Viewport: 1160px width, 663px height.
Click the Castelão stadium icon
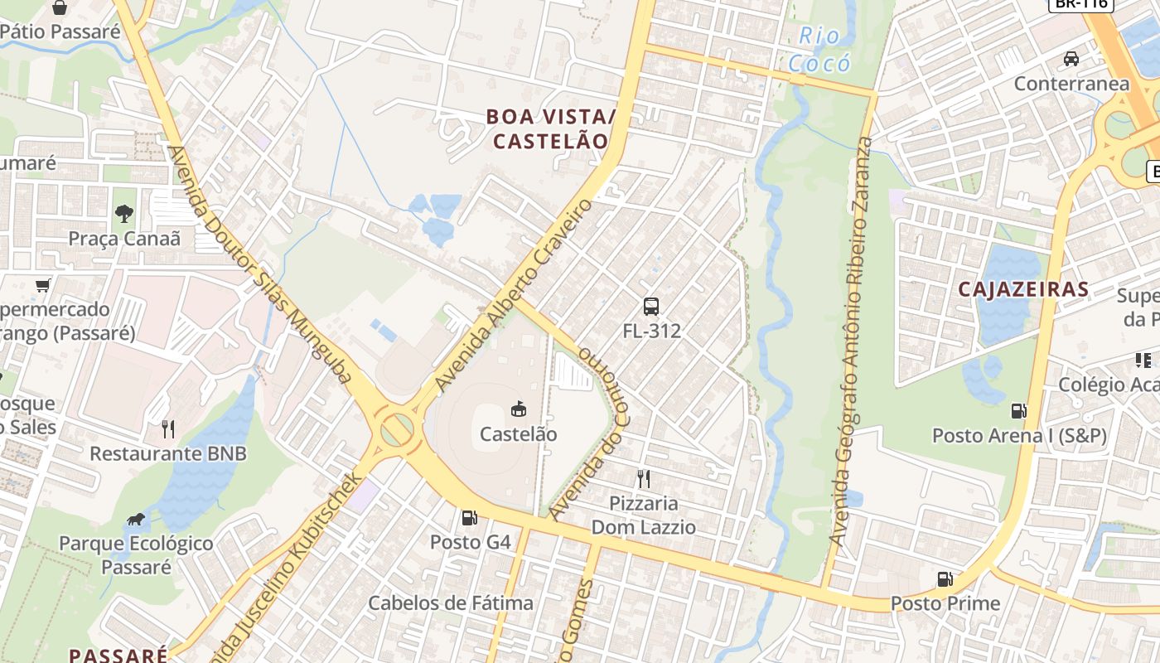(519, 409)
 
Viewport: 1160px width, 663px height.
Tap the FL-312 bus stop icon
(651, 306)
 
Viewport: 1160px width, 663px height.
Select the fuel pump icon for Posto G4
(469, 518)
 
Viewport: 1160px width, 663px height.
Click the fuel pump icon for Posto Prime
(945, 579)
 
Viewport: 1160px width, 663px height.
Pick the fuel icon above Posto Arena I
(1018, 410)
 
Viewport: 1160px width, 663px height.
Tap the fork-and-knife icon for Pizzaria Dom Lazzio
(643, 478)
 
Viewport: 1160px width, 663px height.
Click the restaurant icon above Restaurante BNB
(168, 428)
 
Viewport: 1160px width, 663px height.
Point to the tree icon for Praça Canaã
(124, 214)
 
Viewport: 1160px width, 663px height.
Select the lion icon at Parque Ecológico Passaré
(136, 520)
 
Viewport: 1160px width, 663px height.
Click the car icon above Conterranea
(1071, 59)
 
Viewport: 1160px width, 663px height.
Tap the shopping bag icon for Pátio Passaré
(60, 8)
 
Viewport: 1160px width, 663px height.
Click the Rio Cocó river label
(819, 50)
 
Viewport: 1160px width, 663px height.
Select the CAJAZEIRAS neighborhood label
(1023, 289)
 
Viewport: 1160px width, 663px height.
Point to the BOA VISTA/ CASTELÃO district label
(551, 128)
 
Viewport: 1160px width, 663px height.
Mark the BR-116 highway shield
(1080, 3)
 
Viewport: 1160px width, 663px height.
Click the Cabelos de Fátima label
(451, 603)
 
